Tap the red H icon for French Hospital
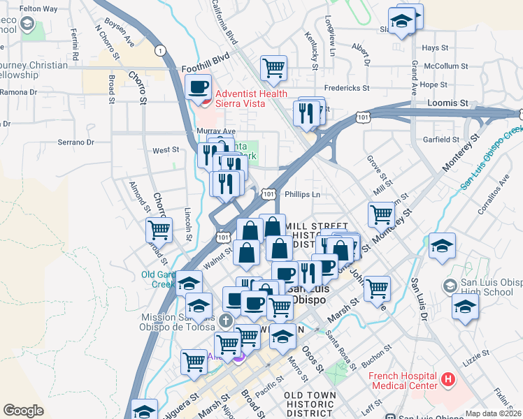tap(447, 381)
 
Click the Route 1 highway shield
tap(162, 50)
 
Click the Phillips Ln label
tap(303, 195)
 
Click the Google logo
tap(23, 410)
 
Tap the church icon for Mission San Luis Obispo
tap(224, 321)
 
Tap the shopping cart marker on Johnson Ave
tap(377, 287)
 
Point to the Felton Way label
tap(38, 8)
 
